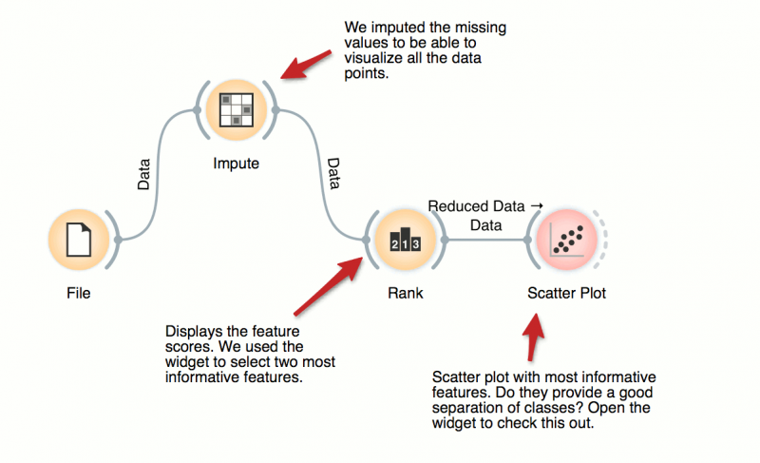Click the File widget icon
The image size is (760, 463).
[79, 241]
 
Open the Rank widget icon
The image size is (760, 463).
[405, 241]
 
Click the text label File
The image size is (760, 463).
[79, 294]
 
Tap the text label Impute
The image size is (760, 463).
[237, 164]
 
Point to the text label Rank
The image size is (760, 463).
[405, 294]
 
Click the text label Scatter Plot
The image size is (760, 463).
[566, 294]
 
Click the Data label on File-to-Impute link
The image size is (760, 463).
[144, 174]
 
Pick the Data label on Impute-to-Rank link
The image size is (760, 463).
[332, 174]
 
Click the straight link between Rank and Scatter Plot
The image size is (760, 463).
[484, 241]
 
